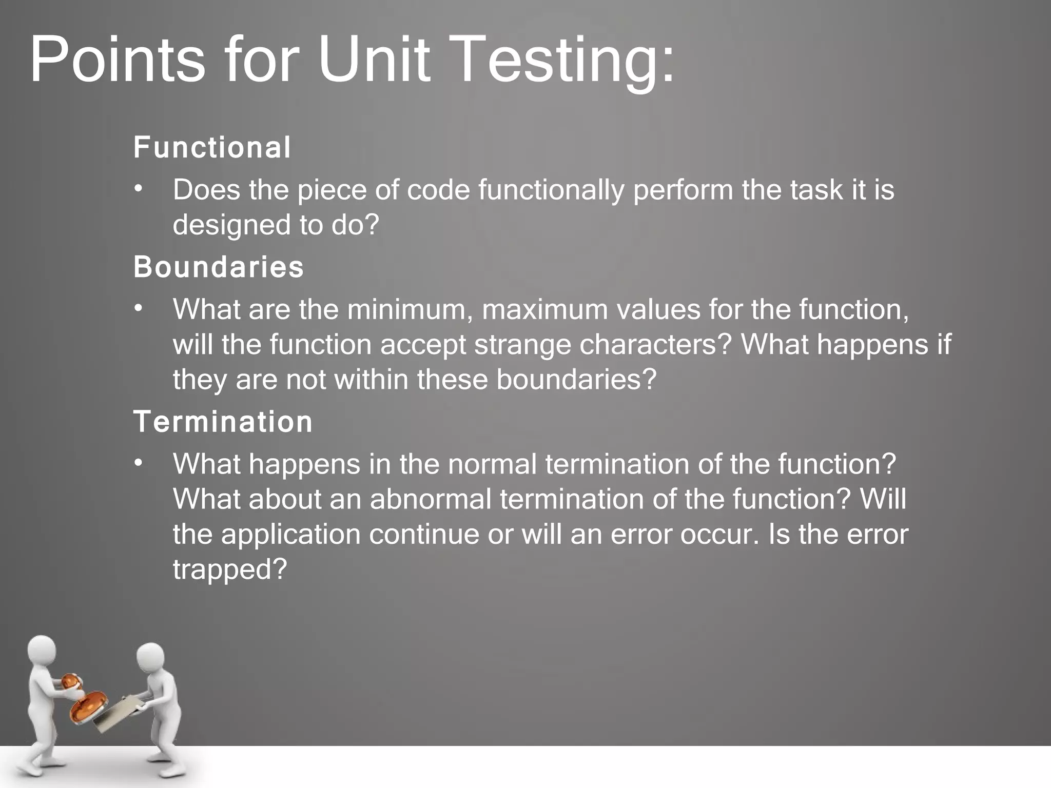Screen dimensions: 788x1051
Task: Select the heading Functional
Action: (x=212, y=148)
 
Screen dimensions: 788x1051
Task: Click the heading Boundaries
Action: (x=219, y=267)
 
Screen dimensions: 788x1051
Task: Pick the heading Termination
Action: (x=223, y=422)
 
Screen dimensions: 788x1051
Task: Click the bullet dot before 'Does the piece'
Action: (x=138, y=189)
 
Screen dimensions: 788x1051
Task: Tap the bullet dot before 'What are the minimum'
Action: (x=138, y=309)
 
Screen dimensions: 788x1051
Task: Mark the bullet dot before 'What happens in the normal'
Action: (x=138, y=463)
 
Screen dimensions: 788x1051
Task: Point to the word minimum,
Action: (x=410, y=310)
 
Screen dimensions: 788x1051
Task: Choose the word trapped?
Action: (x=229, y=569)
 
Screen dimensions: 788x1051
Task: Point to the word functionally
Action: (x=552, y=190)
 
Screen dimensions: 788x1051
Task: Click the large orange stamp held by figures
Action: (x=88, y=706)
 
